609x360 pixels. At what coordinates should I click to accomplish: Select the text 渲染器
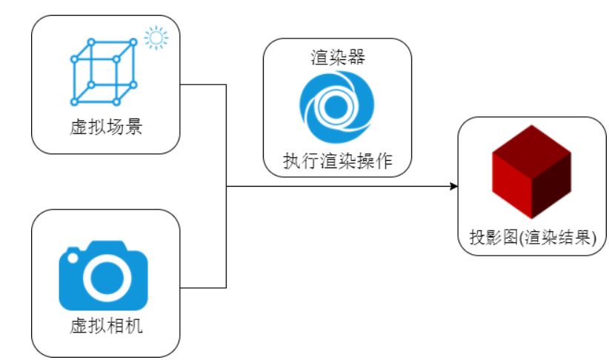[337, 58]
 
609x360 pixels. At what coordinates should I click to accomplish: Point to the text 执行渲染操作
[337, 160]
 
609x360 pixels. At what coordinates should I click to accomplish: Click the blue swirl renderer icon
[336, 108]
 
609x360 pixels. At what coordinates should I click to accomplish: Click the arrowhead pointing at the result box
[453, 186]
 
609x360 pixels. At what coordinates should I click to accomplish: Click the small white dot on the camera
[72, 259]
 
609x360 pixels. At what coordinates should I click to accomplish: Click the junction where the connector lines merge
[225, 186]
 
